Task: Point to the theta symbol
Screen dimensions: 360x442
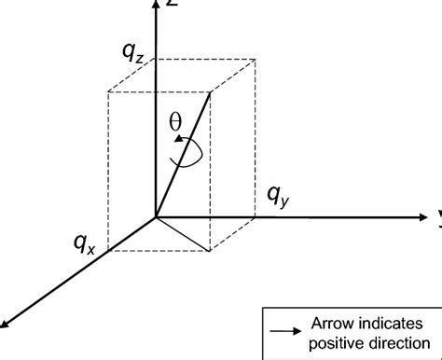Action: (x=175, y=121)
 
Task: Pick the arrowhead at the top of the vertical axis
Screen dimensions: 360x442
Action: (x=156, y=6)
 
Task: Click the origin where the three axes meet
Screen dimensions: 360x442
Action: (x=156, y=217)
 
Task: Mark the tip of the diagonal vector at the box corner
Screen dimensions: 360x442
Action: (x=211, y=91)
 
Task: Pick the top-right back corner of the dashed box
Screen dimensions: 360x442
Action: (x=256, y=58)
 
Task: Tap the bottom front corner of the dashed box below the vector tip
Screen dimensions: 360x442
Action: (x=211, y=250)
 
